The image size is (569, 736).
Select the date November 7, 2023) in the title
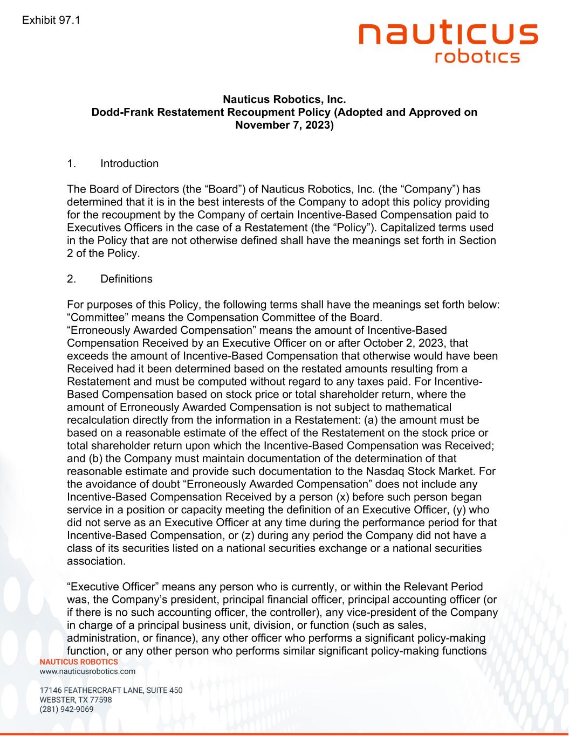pyautogui.click(x=284, y=126)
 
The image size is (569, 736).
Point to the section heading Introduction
pyautogui.click(x=129, y=163)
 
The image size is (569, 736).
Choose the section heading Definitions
pyautogui.click(x=126, y=279)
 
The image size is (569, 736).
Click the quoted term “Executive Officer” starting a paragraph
pyautogui.click(x=112, y=587)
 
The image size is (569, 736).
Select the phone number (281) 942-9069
pyautogui.click(x=66, y=709)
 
